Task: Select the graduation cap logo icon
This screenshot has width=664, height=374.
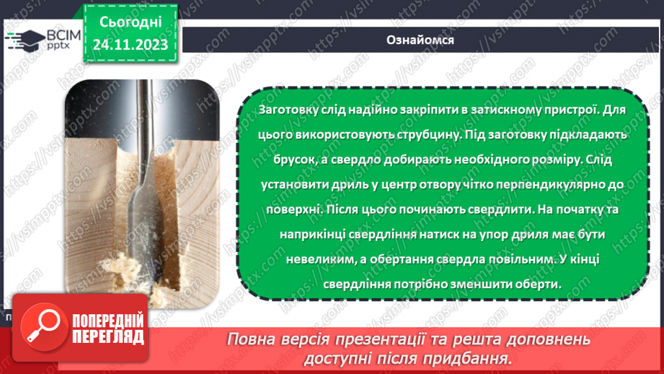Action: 24,38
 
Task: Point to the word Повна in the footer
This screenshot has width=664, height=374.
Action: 253,339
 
